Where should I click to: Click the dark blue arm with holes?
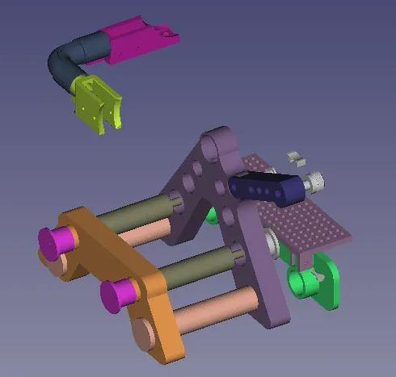tap(267, 189)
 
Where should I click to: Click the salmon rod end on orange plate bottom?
tap(145, 332)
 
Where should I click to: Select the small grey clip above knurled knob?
tap(295, 154)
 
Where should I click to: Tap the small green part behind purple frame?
tap(212, 216)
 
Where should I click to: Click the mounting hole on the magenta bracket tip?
tap(166, 34)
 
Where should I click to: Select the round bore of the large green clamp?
tap(302, 283)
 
